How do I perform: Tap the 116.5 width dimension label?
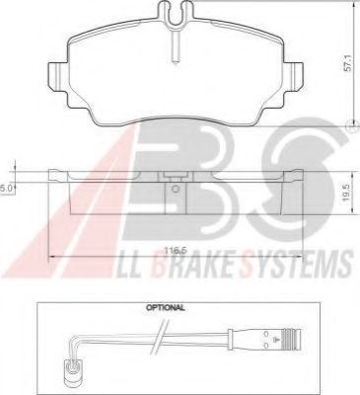tap(175, 251)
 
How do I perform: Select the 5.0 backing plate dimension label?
tap(7, 189)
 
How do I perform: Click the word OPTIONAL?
tap(166, 308)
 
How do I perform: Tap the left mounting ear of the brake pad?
tap(58, 75)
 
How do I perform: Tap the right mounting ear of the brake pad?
tap(293, 75)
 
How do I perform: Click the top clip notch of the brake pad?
tap(176, 12)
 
